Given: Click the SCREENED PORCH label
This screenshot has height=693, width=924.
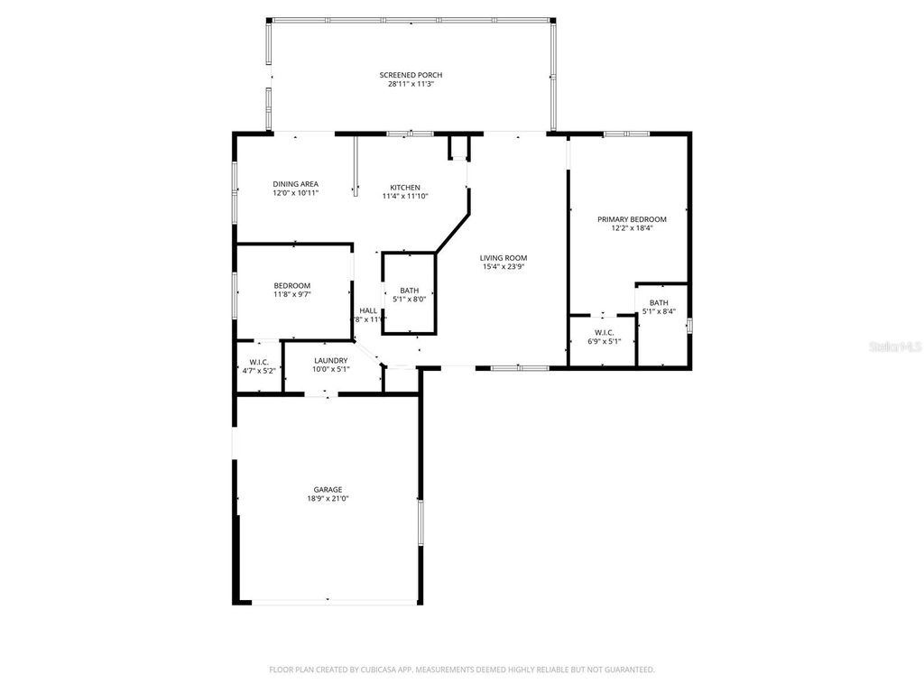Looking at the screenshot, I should tap(411, 75).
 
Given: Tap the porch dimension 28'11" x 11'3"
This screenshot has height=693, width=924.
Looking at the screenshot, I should tap(411, 84).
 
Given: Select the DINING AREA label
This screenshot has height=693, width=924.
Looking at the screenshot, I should tap(295, 184).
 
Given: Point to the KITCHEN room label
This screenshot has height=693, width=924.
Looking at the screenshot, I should tap(405, 187).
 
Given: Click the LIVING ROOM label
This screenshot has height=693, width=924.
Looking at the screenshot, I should tap(503, 258).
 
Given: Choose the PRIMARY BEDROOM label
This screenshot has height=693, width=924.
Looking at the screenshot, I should tap(632, 219).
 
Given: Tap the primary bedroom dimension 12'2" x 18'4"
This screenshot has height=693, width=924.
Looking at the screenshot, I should tap(632, 228).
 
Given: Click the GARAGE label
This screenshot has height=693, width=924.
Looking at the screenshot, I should tap(328, 489).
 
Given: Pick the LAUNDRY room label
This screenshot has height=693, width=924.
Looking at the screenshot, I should tap(330, 360).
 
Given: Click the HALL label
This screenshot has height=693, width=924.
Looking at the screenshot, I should tap(368, 310).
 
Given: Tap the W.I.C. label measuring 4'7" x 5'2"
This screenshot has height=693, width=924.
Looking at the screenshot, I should tap(259, 362).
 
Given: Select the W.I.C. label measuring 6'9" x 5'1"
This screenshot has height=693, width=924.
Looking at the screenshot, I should tap(605, 332).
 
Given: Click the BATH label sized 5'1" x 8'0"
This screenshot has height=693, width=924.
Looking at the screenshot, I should tap(409, 290).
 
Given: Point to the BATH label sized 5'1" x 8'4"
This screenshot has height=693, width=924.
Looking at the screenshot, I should tap(659, 302).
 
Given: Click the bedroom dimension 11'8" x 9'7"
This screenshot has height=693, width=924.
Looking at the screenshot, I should tap(292, 294).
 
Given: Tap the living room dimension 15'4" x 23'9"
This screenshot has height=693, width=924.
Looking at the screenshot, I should tap(503, 267).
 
